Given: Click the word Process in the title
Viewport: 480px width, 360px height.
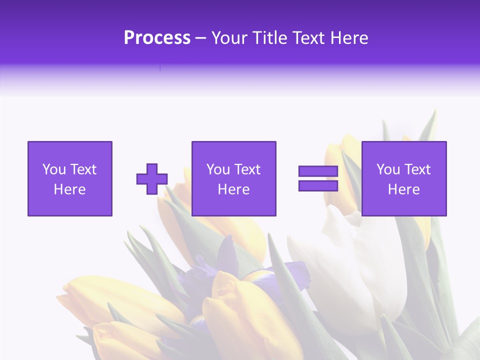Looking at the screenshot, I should [x=157, y=38].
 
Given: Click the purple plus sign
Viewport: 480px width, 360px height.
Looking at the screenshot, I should [x=152, y=179].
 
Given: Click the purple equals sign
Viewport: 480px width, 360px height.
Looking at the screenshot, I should [x=318, y=178].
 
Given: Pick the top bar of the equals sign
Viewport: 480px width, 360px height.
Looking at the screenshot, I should [x=318, y=171].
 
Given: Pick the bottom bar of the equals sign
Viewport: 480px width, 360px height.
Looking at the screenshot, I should [x=318, y=185].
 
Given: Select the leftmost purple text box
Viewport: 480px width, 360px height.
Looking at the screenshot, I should [x=69, y=178].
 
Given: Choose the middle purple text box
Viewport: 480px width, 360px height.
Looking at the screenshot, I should [x=233, y=178].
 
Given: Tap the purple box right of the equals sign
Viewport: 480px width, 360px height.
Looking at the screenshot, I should [x=403, y=178].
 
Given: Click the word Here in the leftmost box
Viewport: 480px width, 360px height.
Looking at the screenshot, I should [x=69, y=189].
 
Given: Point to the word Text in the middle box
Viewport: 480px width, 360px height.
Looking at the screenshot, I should [x=246, y=169].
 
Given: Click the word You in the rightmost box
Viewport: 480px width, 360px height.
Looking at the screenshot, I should [x=388, y=169].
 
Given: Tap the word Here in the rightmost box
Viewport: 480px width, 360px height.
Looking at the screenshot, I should [x=403, y=189].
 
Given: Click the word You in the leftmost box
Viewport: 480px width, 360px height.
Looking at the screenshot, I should [x=54, y=169].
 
